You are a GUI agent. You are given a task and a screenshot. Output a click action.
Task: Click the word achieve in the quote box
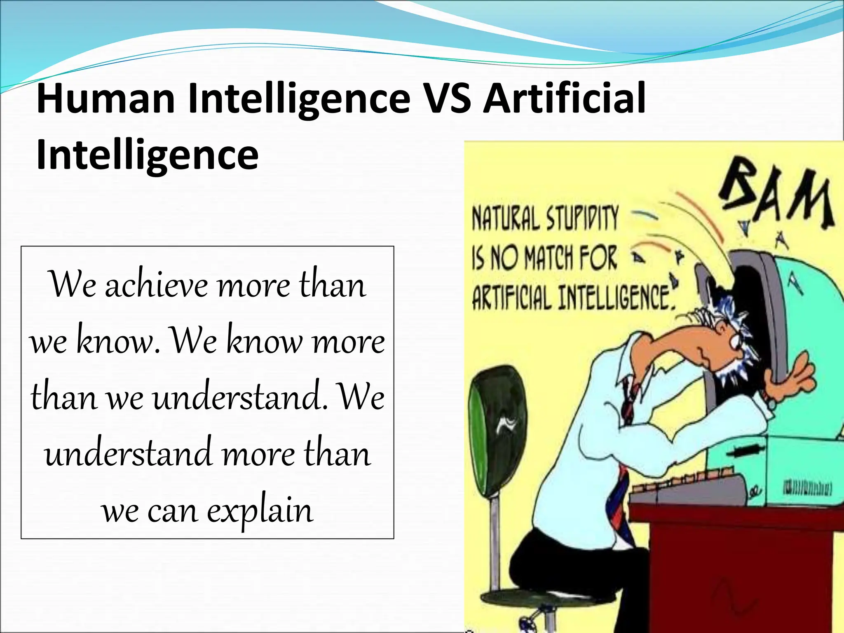(x=157, y=285)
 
